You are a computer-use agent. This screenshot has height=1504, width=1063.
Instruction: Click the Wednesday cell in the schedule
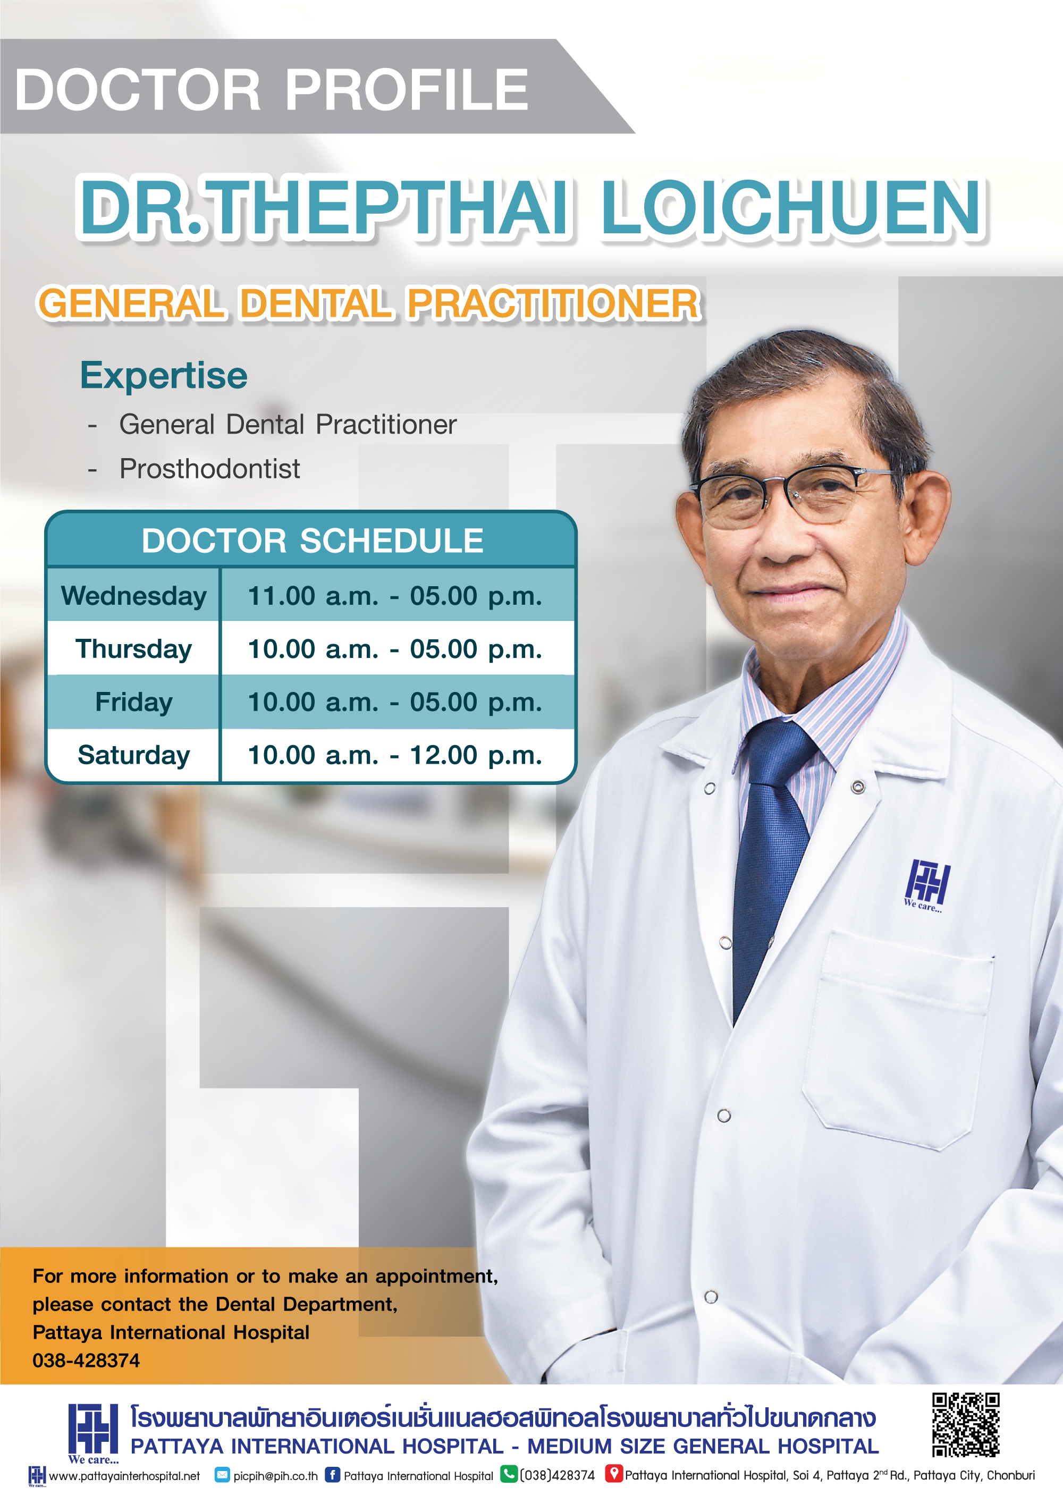[133, 595]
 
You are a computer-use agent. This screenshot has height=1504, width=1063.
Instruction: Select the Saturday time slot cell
[395, 755]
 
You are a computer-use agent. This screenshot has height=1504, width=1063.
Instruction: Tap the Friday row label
[133, 702]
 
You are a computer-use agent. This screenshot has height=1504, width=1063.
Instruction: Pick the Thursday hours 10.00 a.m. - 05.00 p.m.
[395, 648]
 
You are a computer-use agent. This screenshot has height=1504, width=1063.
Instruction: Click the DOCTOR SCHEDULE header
[313, 540]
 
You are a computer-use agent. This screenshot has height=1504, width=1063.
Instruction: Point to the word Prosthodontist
[209, 468]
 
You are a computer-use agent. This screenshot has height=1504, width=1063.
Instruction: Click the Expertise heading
[164, 375]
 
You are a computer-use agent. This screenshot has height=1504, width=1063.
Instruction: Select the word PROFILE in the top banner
[406, 89]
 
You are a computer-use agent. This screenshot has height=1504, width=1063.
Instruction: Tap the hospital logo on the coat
[926, 885]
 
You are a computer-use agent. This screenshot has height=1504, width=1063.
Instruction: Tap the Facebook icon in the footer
[333, 1475]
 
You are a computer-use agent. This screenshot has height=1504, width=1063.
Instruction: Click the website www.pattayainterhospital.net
[124, 1476]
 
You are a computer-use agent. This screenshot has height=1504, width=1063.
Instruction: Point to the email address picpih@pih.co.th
[276, 1476]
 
